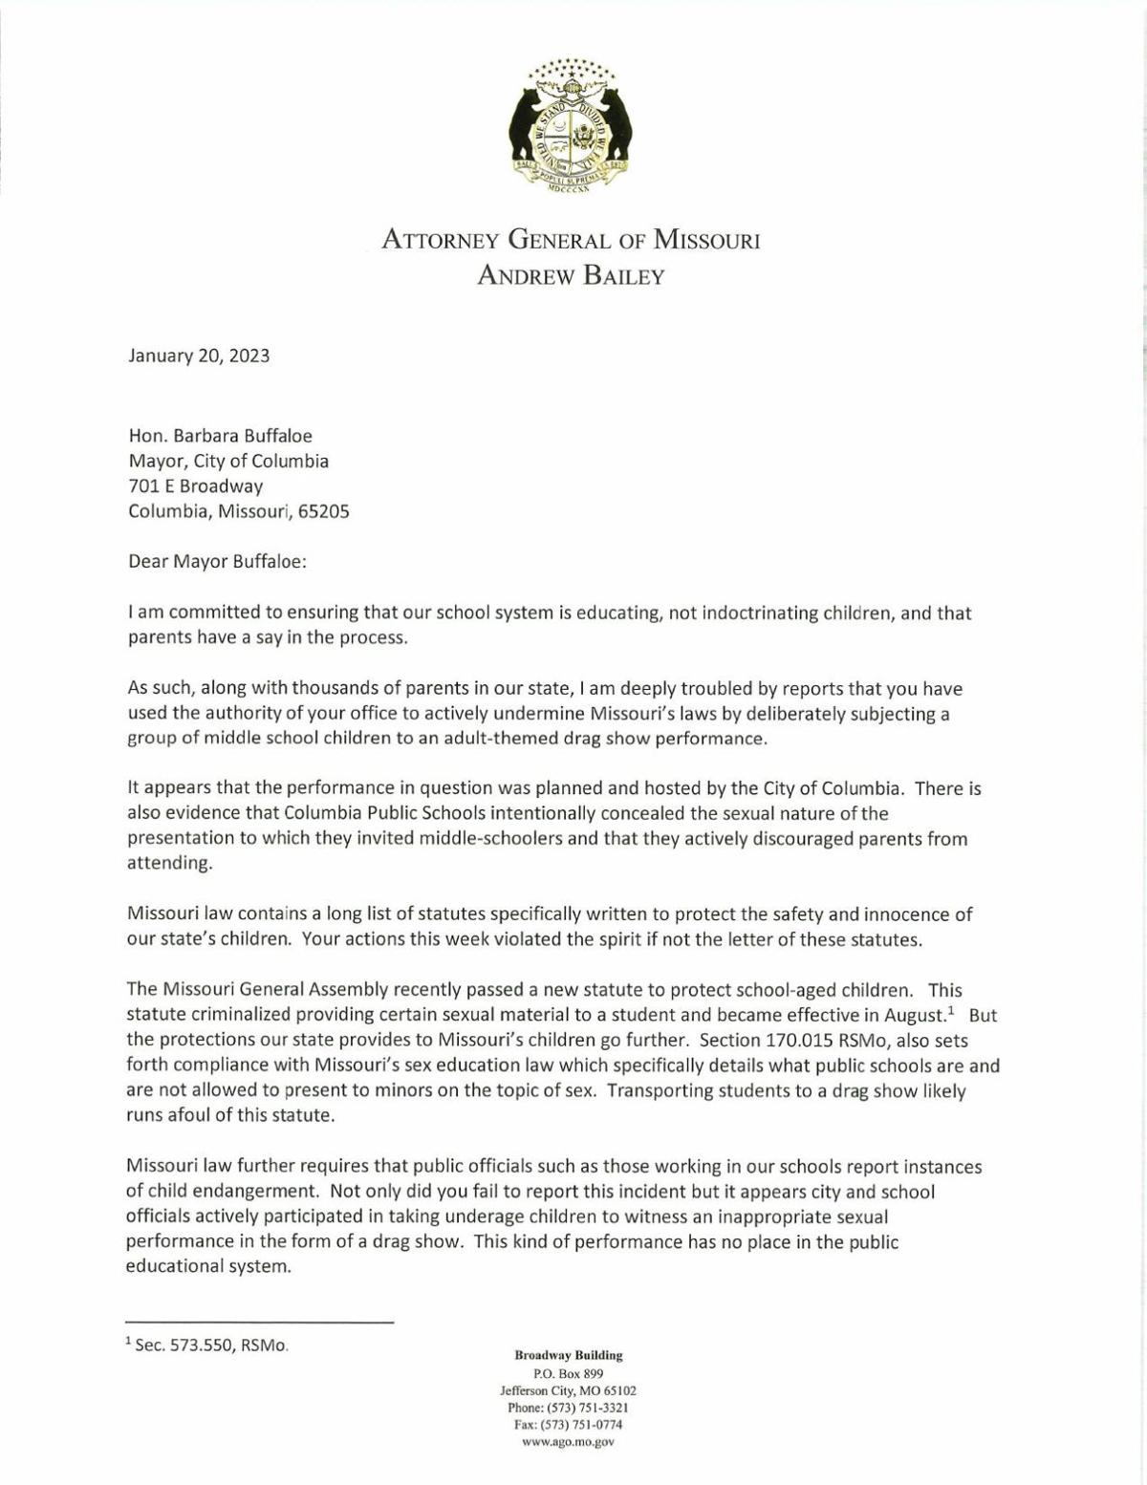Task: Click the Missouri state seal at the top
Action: point(572,124)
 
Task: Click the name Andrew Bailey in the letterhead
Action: point(571,277)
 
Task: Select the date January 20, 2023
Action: point(199,356)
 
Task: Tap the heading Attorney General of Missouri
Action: point(571,239)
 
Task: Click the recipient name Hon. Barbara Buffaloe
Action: point(220,437)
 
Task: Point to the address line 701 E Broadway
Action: point(196,486)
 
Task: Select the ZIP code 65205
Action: point(324,511)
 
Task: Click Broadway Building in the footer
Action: point(568,1355)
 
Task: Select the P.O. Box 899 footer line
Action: point(568,1373)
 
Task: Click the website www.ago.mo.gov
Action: point(568,1442)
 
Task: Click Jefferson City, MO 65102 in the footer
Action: point(568,1390)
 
